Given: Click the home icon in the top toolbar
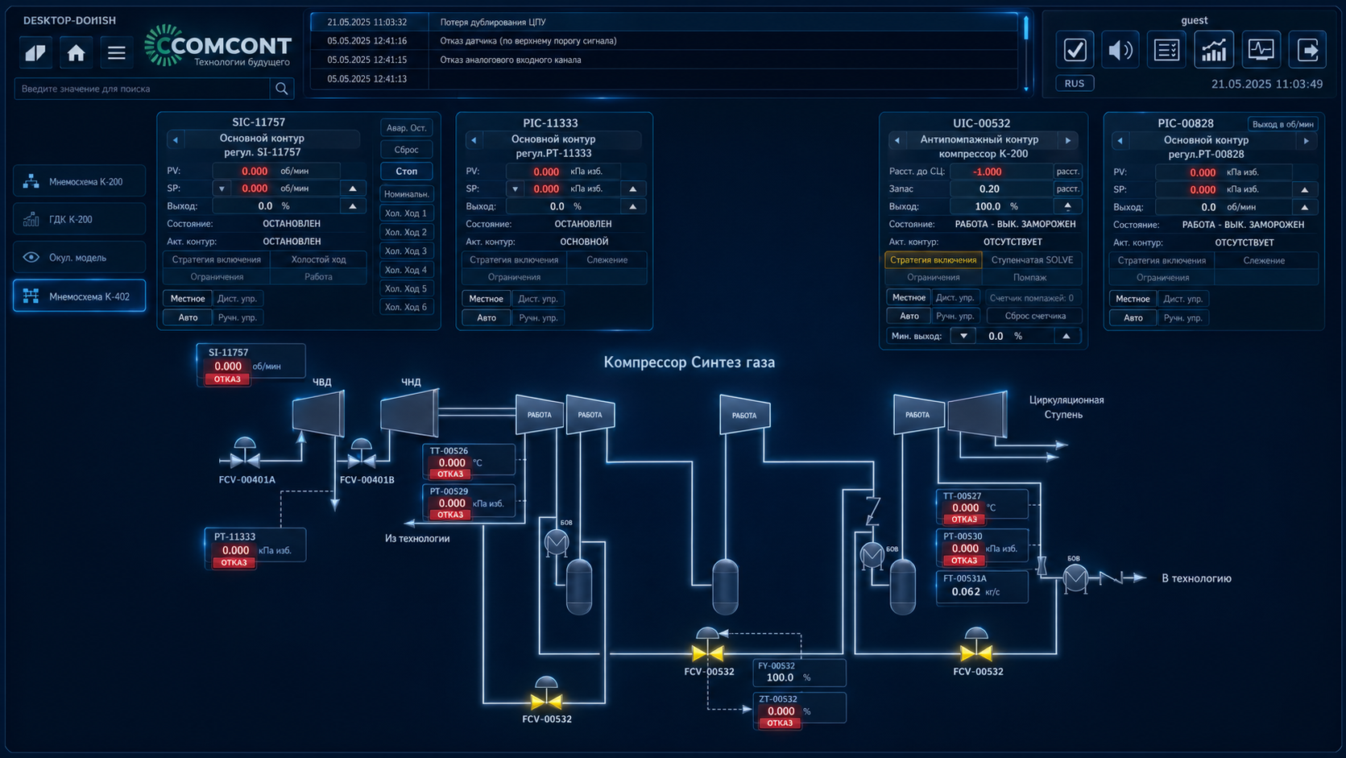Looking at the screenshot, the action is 76,53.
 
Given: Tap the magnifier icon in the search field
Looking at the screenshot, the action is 281,89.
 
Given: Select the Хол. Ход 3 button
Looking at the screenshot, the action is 406,251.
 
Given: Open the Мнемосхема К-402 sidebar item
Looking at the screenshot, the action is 79,296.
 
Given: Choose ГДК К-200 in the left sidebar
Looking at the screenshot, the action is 79,219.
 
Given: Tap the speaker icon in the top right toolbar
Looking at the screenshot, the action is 1120,50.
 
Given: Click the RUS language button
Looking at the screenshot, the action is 1075,84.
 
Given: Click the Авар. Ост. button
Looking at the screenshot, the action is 406,128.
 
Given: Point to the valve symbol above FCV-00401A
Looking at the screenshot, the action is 245,454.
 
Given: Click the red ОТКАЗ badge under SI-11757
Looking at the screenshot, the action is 227,379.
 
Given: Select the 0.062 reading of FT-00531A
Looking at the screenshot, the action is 966,591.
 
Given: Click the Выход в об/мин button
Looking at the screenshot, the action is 1282,124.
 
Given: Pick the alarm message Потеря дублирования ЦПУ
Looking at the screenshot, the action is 493,23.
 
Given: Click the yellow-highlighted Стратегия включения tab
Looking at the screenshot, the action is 934,259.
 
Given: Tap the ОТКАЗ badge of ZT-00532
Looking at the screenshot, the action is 780,723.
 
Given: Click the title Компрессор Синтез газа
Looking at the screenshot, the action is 690,362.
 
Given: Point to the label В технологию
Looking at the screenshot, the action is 1196,578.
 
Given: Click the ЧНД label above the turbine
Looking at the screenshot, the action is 411,383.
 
